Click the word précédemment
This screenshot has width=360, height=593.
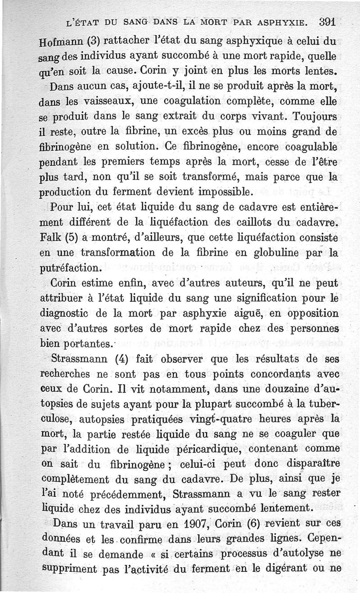106,493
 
